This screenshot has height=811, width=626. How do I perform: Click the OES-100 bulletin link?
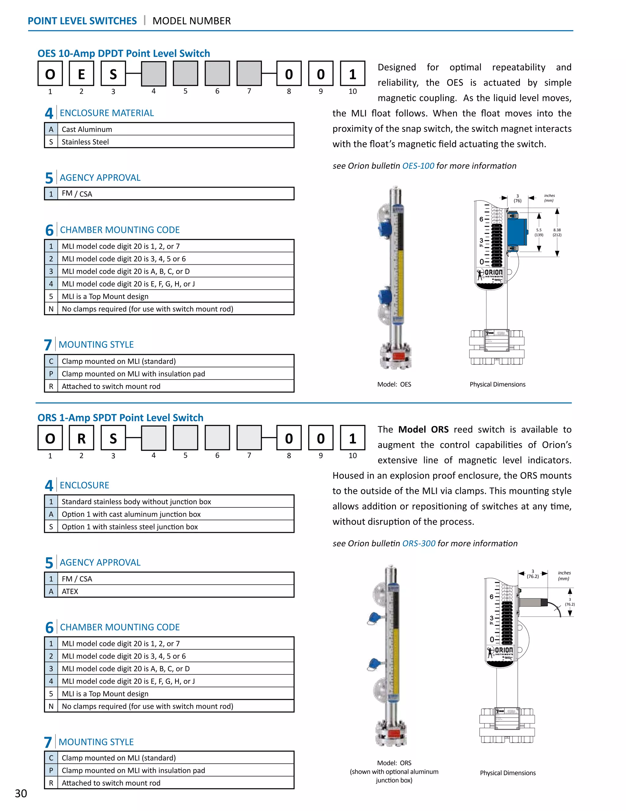coord(418,166)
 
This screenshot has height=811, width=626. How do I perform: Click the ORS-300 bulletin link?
coord(419,543)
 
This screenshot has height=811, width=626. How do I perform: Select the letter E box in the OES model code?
coord(81,74)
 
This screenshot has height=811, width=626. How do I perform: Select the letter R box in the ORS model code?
coord(81,438)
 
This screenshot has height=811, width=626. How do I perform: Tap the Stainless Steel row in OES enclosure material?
coord(85,142)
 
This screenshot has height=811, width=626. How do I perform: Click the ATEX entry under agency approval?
coord(70,591)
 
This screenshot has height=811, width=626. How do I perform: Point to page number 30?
coord(21,793)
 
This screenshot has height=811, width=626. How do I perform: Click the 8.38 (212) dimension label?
coord(557,233)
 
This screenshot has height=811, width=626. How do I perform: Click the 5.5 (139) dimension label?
coord(539,233)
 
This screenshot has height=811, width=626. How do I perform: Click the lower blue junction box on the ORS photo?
coord(374,663)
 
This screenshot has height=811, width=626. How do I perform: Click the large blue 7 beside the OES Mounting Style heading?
coord(48,345)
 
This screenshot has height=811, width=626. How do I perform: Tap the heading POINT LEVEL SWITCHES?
coord(82,21)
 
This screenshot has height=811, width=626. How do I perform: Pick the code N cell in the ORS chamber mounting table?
coord(51,706)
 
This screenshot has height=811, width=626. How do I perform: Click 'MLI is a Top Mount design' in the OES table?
coord(105,296)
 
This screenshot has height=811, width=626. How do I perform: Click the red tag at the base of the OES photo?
coord(398,357)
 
